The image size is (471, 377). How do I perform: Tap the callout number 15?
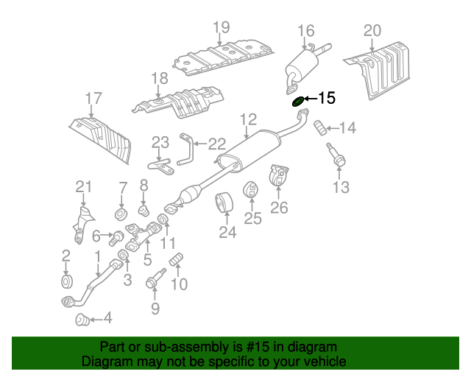(x=326, y=98)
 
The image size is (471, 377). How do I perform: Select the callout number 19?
(x=222, y=28)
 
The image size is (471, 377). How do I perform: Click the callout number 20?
(x=372, y=30)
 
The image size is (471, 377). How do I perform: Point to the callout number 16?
(x=306, y=31)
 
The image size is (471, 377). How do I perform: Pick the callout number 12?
(x=247, y=119)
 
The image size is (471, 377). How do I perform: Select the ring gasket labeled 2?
(x=66, y=282)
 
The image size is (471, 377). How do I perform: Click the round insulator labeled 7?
(x=120, y=215)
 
